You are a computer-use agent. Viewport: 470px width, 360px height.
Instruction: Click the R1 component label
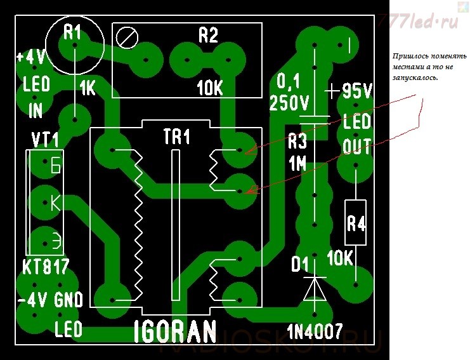pos(73,32)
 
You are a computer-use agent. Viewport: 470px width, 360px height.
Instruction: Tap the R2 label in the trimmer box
pos(208,35)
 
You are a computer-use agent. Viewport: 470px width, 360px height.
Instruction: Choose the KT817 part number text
pos(46,267)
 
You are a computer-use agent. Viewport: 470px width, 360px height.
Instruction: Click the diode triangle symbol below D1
pos(314,288)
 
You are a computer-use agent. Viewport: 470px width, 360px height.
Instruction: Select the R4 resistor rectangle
pos(356,222)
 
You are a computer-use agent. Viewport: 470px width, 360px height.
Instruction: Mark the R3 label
pos(297,140)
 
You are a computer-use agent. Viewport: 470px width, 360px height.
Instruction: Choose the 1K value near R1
pos(88,90)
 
